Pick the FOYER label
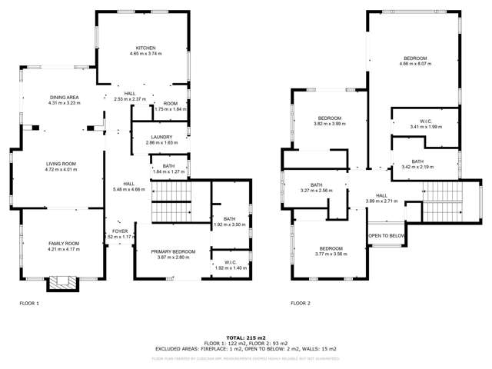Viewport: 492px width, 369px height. point(120,231)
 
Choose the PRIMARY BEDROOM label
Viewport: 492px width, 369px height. point(173,251)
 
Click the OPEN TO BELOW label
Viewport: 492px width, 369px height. point(387,236)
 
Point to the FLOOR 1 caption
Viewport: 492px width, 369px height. point(29,304)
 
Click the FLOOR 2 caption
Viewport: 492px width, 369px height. point(301,304)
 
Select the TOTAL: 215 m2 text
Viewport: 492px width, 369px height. point(246,337)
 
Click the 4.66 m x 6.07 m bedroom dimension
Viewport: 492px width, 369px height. point(415,64)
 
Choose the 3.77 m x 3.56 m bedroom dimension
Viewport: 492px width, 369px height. point(331,254)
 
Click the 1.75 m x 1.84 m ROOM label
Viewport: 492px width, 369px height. point(165,109)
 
